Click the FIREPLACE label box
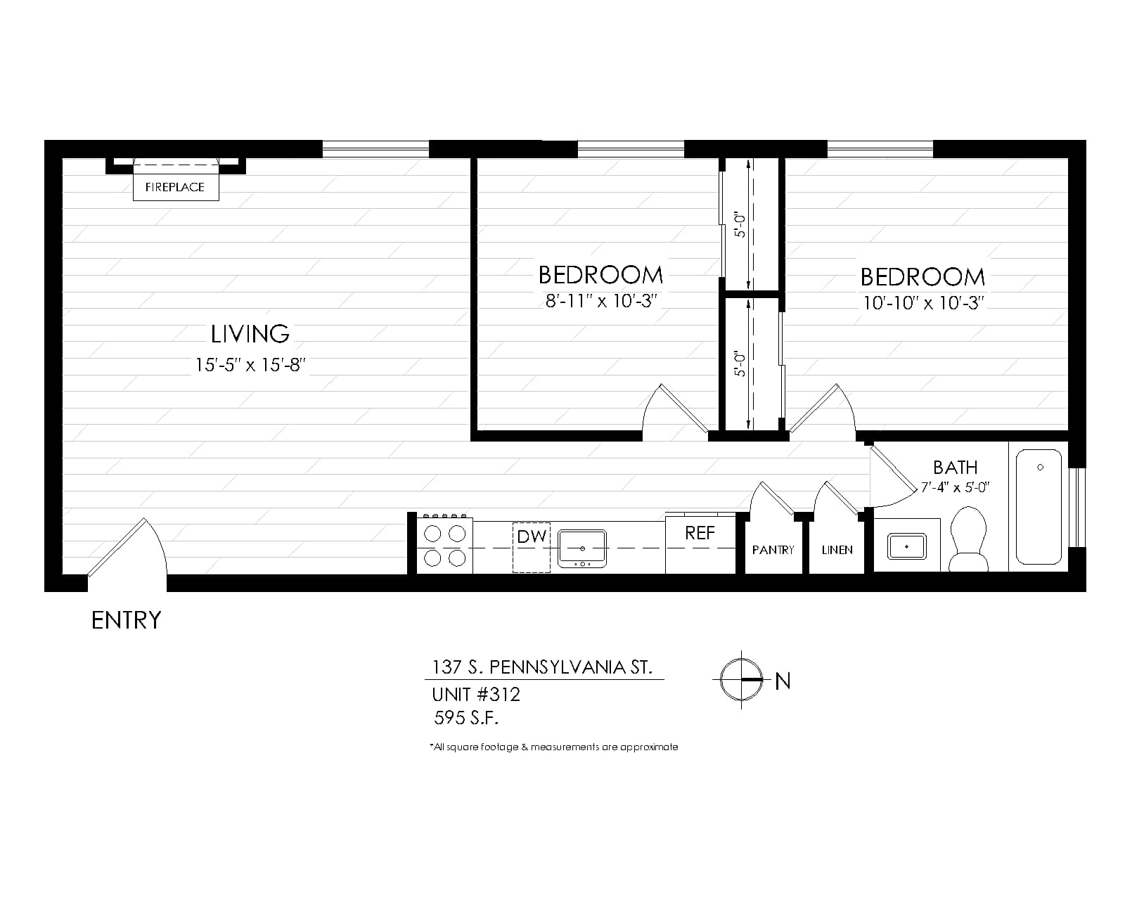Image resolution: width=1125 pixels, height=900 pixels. [176, 187]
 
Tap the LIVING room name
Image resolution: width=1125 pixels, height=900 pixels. [250, 334]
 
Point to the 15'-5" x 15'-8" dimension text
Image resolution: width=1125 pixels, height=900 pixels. [250, 364]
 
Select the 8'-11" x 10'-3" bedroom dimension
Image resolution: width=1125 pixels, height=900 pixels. [601, 301]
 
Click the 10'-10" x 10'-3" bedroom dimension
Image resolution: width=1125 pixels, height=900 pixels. [923, 303]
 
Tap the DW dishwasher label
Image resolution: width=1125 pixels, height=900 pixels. [532, 536]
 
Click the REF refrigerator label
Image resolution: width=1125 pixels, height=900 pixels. [700, 533]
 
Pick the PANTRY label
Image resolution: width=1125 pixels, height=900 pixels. [773, 550]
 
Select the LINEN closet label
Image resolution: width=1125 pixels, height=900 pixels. [837, 550]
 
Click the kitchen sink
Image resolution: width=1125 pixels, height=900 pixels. [582, 548]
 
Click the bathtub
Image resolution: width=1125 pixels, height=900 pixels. [1039, 507]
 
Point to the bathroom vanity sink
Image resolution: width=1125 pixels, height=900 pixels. [907, 546]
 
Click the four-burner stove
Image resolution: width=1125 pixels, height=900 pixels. [445, 546]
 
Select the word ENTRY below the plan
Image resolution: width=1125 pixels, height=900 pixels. [126, 620]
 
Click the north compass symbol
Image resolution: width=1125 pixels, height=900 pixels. [741, 679]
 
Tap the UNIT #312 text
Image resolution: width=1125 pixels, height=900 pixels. [476, 695]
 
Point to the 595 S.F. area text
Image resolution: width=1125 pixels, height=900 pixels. [466, 718]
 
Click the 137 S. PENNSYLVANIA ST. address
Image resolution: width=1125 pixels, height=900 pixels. [542, 667]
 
